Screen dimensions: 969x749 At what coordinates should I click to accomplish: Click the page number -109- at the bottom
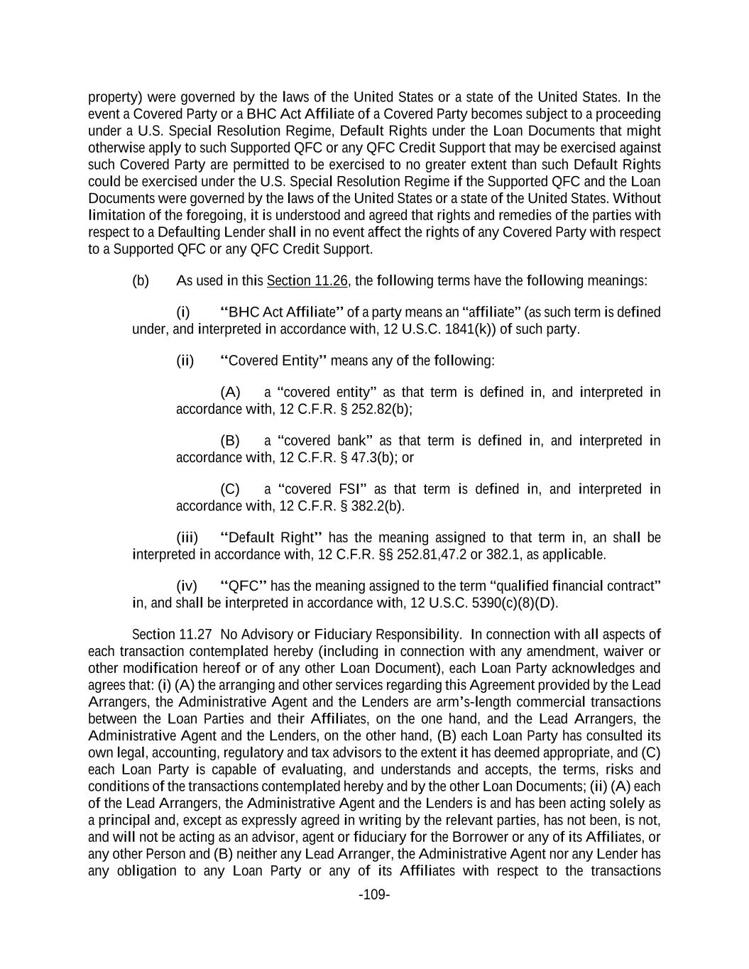click(x=374, y=894)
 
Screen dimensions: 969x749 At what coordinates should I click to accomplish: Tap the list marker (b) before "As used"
click(x=141, y=280)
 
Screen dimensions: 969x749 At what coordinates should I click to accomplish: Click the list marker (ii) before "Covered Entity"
click(x=185, y=361)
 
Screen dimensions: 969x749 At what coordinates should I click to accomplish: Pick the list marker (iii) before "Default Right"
click(x=187, y=537)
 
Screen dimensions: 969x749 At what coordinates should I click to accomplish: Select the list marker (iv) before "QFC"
click(x=187, y=586)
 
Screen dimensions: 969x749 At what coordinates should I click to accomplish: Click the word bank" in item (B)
click(x=354, y=441)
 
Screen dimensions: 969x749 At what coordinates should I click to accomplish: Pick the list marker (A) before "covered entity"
click(x=230, y=392)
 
